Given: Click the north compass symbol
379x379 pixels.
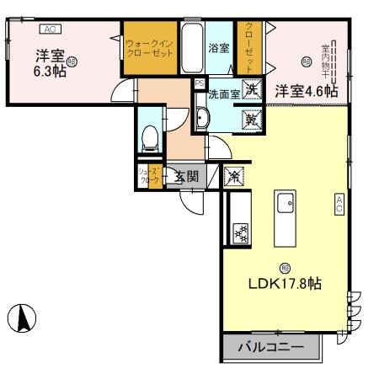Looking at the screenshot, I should click(x=24, y=318).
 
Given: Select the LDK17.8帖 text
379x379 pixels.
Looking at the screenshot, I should click(x=284, y=285).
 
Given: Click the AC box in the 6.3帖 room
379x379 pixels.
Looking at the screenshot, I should click(x=50, y=29).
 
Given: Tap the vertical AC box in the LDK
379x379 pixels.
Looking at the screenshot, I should click(x=339, y=202).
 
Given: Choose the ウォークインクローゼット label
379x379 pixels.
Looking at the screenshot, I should click(x=149, y=47).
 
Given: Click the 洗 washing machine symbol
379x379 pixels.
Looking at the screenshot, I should click(x=251, y=88).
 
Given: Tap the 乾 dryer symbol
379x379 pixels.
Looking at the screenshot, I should click(x=251, y=120).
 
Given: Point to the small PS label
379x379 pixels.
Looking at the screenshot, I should click(x=200, y=83).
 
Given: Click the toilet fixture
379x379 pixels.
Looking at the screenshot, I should click(x=149, y=137).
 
